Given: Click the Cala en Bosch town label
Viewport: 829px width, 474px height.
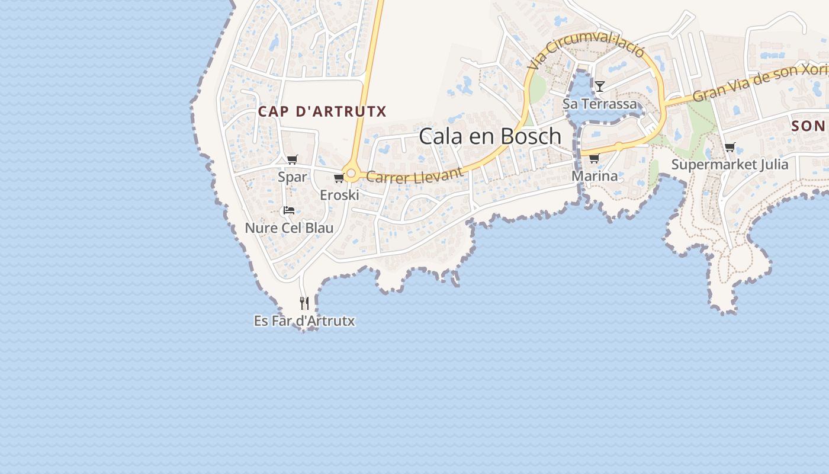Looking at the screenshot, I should coord(490,136).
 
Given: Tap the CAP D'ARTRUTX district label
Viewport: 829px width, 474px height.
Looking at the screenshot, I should coord(322,111).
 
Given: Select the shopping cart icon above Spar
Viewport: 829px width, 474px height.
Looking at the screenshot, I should coord(292,159).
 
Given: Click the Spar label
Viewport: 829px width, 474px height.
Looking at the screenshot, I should coord(293,177).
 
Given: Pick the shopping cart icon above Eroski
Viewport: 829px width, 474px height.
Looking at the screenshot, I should coord(339,178).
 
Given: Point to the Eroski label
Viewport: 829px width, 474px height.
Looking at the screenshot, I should coord(340,195).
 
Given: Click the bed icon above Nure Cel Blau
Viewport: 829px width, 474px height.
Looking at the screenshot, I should coord(289,210).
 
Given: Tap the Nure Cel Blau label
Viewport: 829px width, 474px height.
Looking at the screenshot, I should coord(289,228).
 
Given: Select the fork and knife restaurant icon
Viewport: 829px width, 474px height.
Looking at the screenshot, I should coord(304,303).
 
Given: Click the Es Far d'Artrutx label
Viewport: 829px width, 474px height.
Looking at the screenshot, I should coord(304,321).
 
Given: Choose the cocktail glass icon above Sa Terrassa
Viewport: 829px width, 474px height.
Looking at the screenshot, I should coord(600,87).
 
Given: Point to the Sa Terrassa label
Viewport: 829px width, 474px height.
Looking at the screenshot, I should coord(600,104).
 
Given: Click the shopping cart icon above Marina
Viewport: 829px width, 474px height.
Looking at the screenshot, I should coord(594,158).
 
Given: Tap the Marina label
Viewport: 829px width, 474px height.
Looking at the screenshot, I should coord(595,176).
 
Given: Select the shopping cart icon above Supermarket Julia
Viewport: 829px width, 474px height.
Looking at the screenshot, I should coord(730,147).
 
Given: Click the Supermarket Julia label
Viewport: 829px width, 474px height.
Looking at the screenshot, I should coord(730,164).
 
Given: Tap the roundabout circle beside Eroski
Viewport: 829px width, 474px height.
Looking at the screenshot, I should coord(351,174).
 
